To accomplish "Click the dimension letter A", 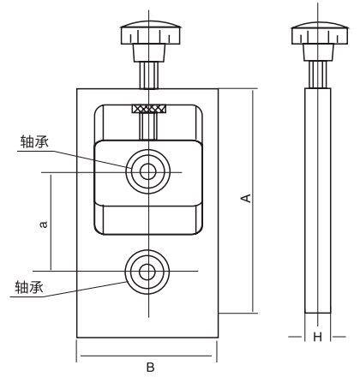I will pos(246,199).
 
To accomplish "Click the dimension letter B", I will pos(149,367).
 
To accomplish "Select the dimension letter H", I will pos(316,338).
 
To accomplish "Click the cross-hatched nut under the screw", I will pos(148,109).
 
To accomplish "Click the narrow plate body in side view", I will pos(316,206).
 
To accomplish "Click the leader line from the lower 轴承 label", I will pos(77,290).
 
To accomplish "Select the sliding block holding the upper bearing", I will pos(184,189).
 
